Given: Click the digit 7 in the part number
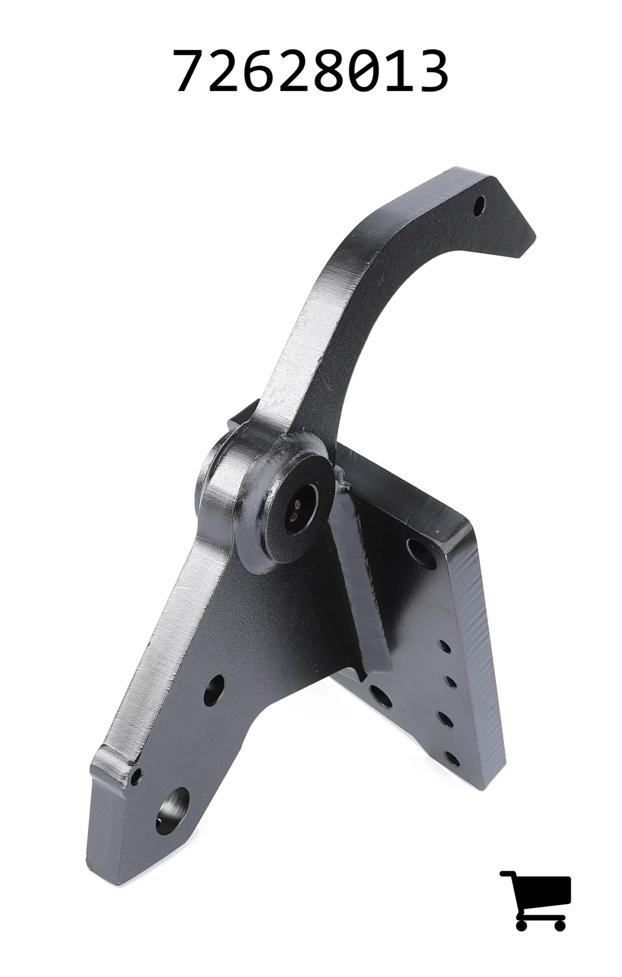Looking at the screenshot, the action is [x=190, y=71].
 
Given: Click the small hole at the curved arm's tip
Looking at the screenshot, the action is [x=480, y=204].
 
